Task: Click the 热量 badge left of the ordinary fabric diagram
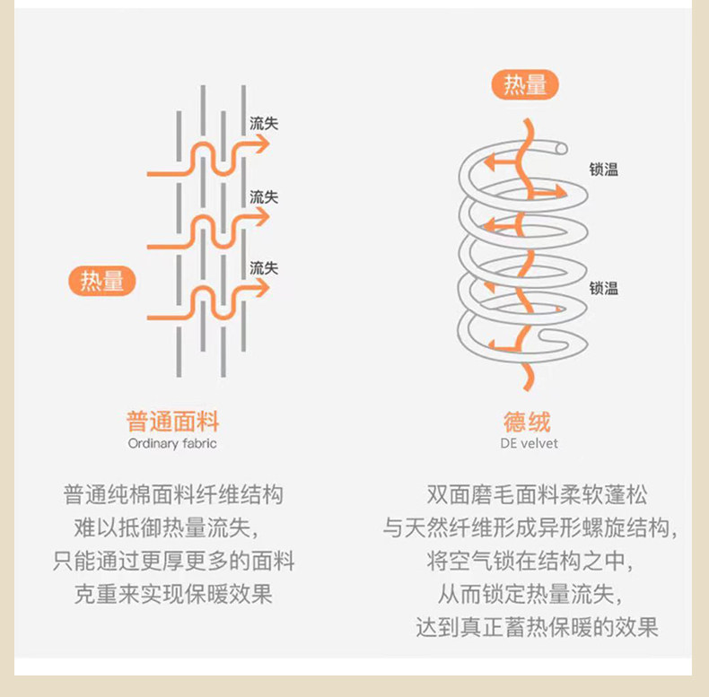(102, 281)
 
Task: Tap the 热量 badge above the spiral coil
(525, 84)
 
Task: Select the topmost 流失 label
(264, 124)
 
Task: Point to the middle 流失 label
(264, 197)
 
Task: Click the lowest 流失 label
(264, 268)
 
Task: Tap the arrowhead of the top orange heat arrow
(262, 144)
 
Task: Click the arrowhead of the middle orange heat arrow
(262, 217)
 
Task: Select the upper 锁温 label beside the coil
(603, 170)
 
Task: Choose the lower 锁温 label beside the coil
(603, 288)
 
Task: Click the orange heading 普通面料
(172, 422)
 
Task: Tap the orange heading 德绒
(527, 422)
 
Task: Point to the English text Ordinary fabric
(172, 443)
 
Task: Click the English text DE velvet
(529, 443)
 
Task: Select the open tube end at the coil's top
(561, 148)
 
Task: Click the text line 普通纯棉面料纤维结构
(173, 494)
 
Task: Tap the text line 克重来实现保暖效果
(173, 594)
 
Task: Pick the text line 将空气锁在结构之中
(530, 561)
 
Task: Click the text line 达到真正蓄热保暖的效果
(537, 627)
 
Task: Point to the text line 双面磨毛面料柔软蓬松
(537, 494)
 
